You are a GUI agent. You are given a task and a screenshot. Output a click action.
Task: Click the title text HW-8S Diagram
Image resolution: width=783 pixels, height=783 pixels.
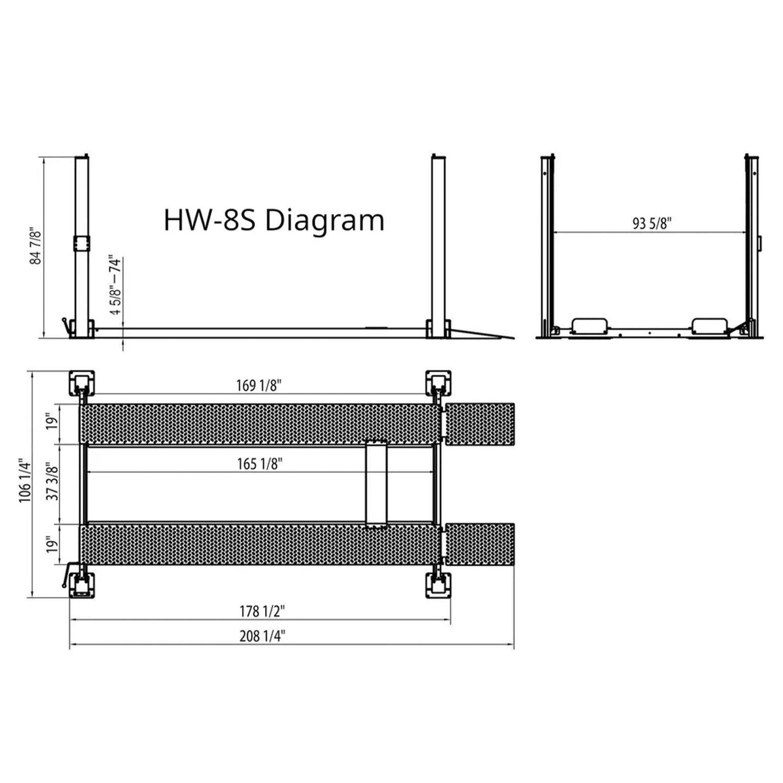click(x=274, y=221)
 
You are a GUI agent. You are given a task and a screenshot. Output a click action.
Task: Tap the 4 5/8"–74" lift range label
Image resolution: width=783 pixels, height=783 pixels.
click(x=115, y=285)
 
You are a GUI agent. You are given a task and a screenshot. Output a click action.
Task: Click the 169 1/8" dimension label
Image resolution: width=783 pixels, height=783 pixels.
click(x=259, y=385)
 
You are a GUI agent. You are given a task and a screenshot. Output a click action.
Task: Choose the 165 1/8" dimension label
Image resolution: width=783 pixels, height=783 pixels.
click(x=260, y=464)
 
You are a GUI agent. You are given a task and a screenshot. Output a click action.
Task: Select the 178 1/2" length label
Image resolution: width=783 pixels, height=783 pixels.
click(x=262, y=611)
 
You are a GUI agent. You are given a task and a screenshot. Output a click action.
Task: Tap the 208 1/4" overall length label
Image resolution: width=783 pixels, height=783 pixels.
click(x=262, y=636)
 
